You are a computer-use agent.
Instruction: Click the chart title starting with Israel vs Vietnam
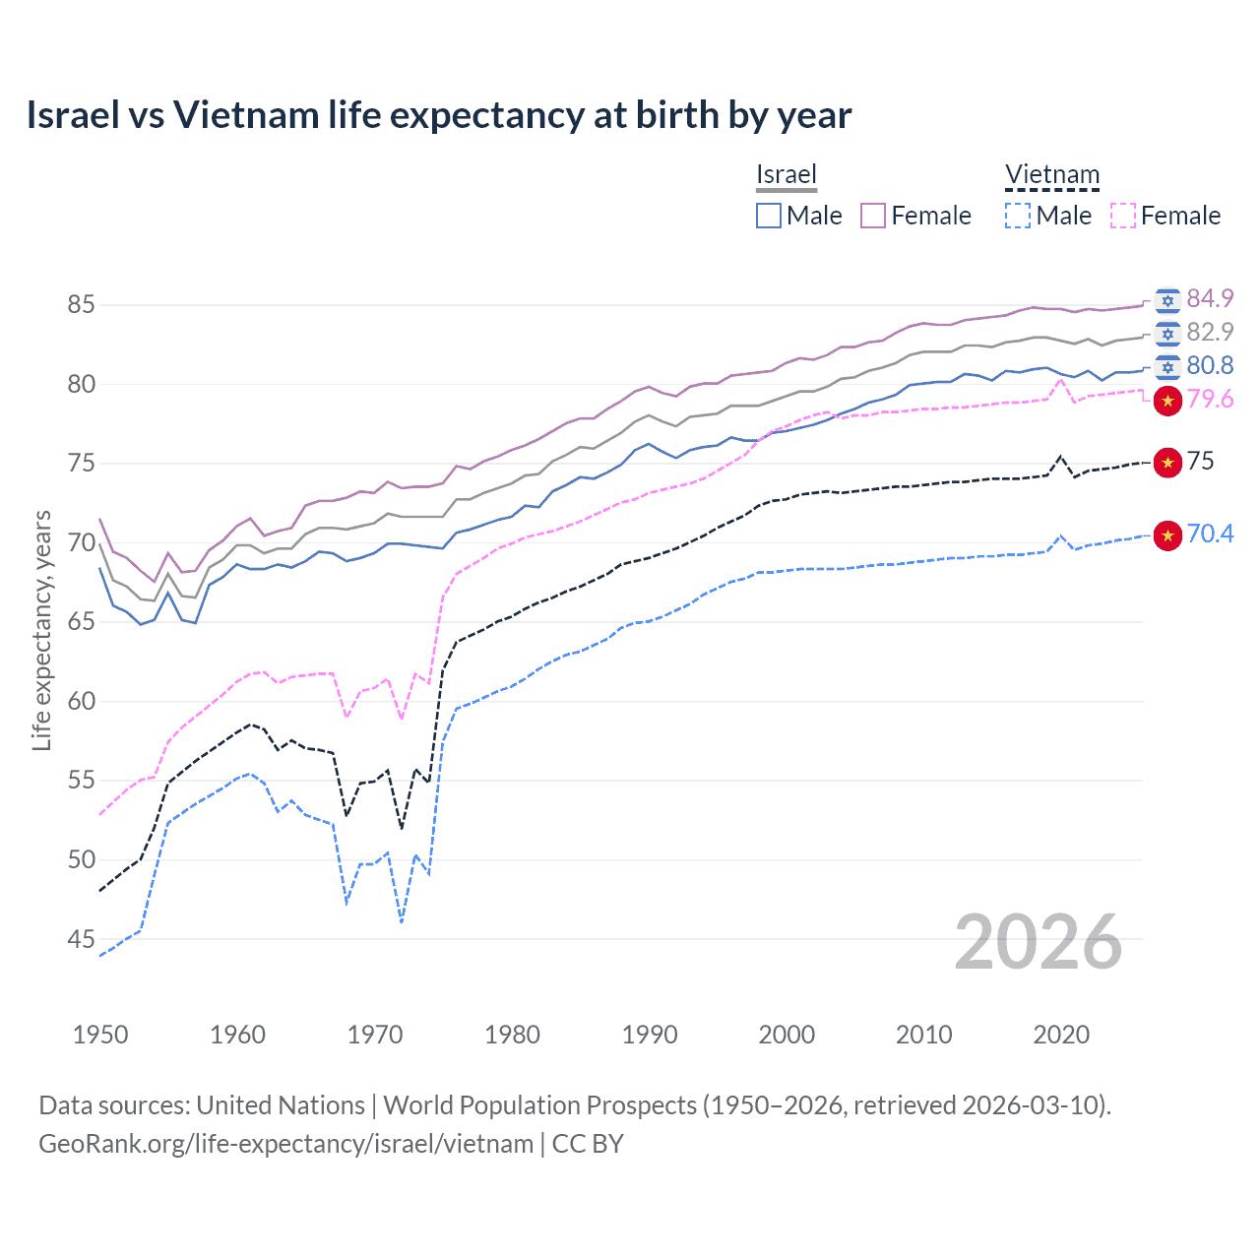(x=439, y=115)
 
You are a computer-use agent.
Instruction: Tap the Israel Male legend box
(x=769, y=216)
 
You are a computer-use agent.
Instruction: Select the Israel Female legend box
(x=873, y=216)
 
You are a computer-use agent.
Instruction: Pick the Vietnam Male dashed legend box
(x=1018, y=216)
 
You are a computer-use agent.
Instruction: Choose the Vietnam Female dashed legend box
(x=1122, y=216)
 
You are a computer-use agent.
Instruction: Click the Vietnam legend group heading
(x=1051, y=175)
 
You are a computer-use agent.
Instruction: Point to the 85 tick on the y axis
(x=81, y=305)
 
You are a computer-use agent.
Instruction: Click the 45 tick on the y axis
(x=81, y=940)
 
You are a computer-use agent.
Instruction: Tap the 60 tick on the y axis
(x=81, y=702)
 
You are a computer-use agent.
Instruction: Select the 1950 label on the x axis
(x=100, y=1035)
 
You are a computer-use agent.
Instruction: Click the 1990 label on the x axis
(x=650, y=1035)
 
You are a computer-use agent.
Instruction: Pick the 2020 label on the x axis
(x=1061, y=1035)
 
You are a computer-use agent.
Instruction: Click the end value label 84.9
(x=1210, y=298)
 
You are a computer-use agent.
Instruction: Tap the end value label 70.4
(x=1210, y=534)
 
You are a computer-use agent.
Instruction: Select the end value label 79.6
(x=1210, y=399)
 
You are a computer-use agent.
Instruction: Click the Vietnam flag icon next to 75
(x=1167, y=462)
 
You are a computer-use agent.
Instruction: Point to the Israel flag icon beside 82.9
(x=1167, y=334)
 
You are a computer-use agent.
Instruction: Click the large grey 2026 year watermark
(x=1039, y=942)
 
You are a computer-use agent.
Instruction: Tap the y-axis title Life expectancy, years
(x=41, y=630)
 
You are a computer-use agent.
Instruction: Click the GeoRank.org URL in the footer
(x=285, y=1144)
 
